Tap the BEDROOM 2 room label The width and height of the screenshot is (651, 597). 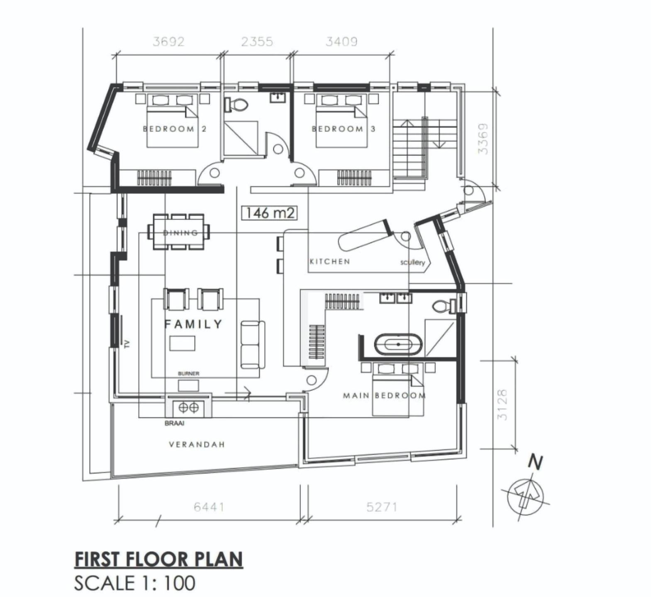(x=175, y=129)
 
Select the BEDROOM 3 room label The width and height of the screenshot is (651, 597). (x=344, y=129)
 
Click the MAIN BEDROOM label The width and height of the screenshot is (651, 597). (x=384, y=396)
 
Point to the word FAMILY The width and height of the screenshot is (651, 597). (x=194, y=324)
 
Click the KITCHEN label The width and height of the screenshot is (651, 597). (x=330, y=262)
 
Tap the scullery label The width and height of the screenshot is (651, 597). (x=412, y=262)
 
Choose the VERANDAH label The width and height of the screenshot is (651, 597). (x=197, y=445)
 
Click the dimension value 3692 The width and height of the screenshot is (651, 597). (x=168, y=42)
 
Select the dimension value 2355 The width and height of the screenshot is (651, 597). (x=257, y=42)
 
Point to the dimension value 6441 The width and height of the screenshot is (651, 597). (x=209, y=507)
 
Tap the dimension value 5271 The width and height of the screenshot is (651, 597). (x=382, y=507)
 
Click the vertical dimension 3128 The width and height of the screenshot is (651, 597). (x=502, y=405)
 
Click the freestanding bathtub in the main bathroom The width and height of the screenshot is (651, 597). (x=398, y=345)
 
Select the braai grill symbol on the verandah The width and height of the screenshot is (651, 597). (x=189, y=408)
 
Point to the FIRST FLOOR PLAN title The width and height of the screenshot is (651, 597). (x=159, y=559)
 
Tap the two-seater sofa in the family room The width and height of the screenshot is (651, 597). (x=253, y=345)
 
